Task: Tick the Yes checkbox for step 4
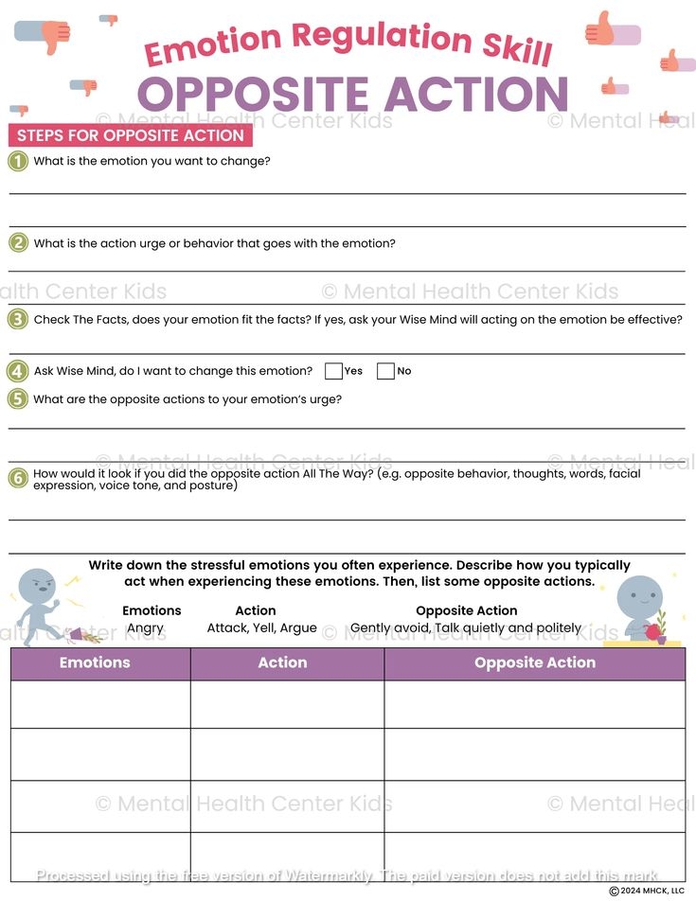[x=333, y=371]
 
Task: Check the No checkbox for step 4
[x=385, y=371]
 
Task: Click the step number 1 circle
[x=18, y=161]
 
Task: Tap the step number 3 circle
[x=18, y=319]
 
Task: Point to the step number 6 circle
[x=18, y=478]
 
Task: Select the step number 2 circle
[x=18, y=243]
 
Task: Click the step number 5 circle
[x=18, y=398]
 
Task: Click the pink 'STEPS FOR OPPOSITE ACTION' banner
[x=131, y=135]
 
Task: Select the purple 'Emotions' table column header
[x=95, y=662]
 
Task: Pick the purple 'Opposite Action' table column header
[x=535, y=662]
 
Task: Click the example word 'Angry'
[x=145, y=627]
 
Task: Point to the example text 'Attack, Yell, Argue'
[x=262, y=627]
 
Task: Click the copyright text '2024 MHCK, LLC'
[x=651, y=891]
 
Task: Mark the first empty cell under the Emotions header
[x=100, y=704]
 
